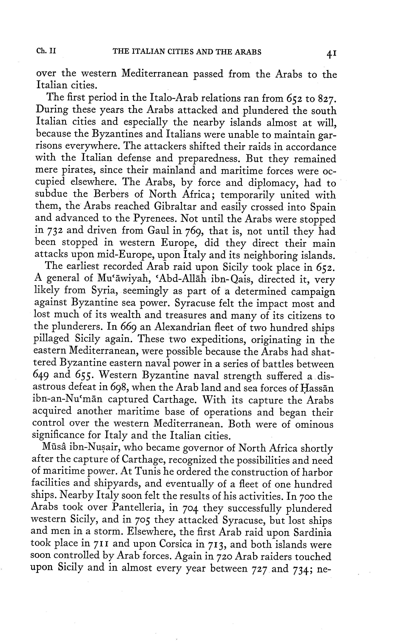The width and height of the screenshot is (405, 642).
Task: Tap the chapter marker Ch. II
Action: (x=46, y=51)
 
